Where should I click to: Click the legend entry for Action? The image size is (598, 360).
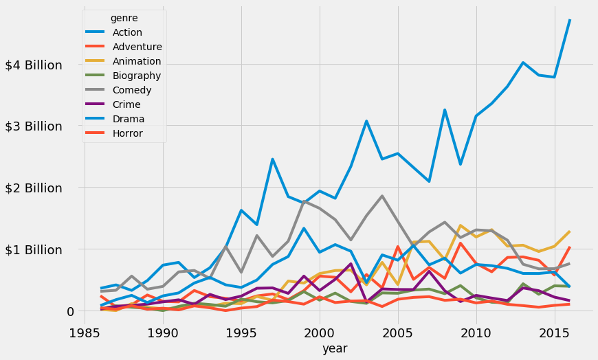126,32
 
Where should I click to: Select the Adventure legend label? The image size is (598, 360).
136,47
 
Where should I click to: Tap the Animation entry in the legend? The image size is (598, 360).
136,61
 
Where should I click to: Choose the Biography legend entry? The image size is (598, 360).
136,76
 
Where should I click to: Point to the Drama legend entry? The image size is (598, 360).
127,119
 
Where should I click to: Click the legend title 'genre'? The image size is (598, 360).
124,18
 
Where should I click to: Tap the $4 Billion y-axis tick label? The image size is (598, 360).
43,65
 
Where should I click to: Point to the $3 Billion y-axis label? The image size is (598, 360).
43,126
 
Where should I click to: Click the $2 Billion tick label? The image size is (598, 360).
43,188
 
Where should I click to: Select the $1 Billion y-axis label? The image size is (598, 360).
43,249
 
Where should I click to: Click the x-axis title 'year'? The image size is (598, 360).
335,349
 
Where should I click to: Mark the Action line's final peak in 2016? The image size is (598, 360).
570,21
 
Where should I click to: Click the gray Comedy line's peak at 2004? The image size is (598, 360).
381,196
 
